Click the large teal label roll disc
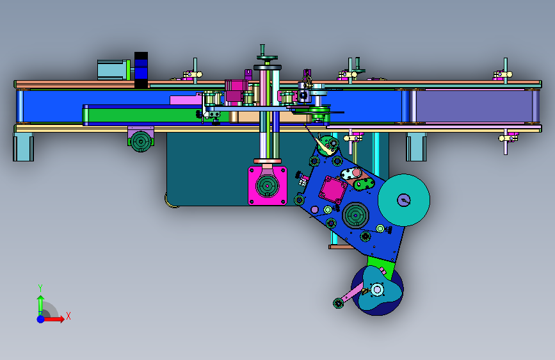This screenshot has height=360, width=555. [404, 200]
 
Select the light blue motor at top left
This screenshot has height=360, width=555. [113, 70]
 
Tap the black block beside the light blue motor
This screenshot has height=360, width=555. [141, 70]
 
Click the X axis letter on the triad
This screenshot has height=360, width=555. [68, 316]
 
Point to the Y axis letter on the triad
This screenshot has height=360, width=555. [40, 288]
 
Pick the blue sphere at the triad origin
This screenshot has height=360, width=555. [41, 319]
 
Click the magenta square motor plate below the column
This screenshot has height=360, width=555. [267, 186]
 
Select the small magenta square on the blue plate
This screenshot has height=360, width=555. [333, 190]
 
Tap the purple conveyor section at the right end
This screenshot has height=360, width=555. [474, 106]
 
